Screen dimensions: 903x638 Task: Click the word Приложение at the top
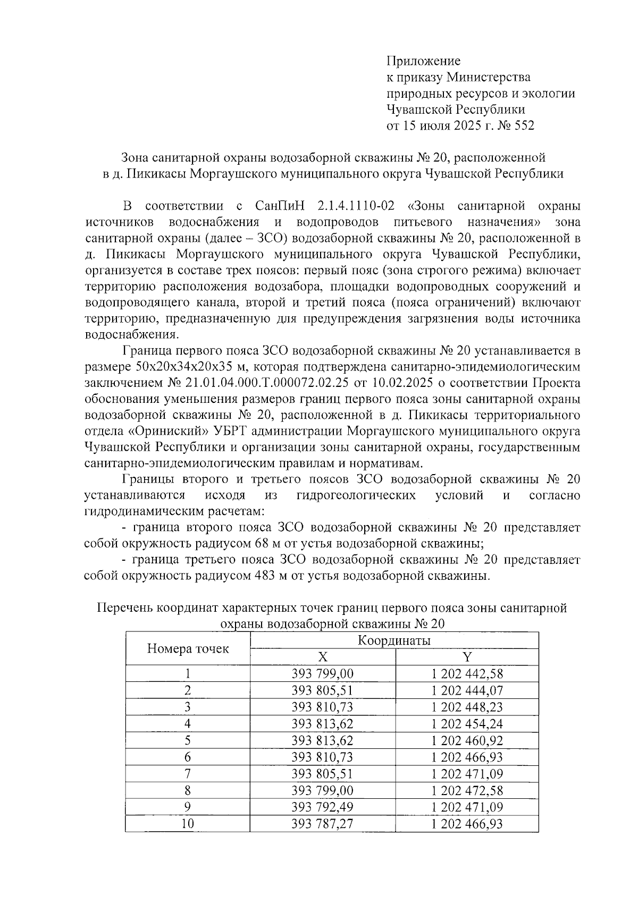tap(423, 61)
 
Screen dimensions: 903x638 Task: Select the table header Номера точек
tap(188, 648)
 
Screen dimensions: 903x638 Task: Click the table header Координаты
tap(394, 640)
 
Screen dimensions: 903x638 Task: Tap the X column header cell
tap(323, 657)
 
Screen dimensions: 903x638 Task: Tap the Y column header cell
tap(467, 657)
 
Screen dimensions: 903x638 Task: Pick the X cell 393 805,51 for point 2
tap(323, 690)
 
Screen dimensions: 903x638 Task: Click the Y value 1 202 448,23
tap(467, 707)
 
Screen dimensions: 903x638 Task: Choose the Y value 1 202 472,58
tap(467, 790)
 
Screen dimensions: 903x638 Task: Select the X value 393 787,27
tap(323, 824)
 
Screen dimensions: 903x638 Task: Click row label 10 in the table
tap(188, 824)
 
